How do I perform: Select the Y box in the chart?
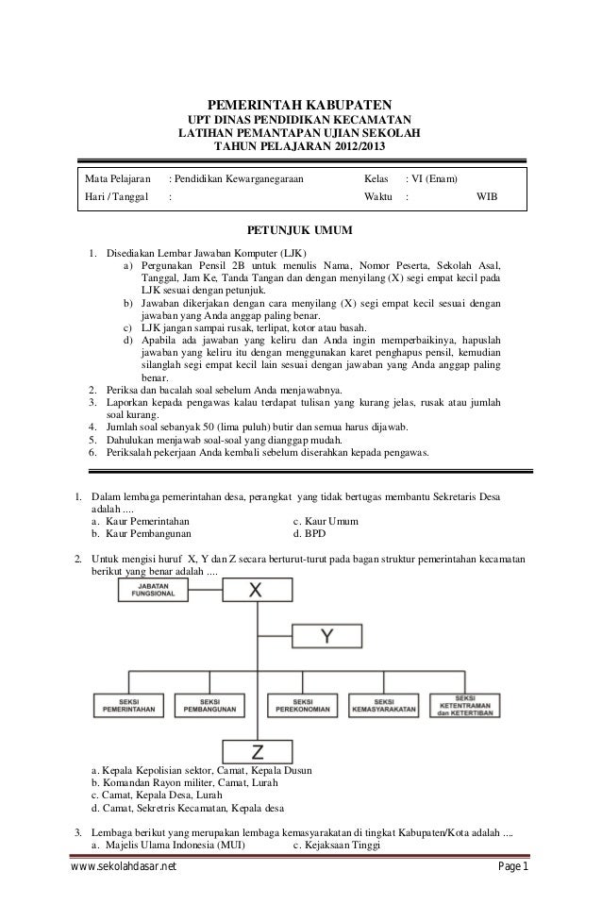tap(326, 637)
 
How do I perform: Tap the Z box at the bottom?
tap(256, 751)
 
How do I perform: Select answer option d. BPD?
tap(309, 533)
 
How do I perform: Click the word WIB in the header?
tap(487, 196)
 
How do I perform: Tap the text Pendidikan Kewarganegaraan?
tap(238, 178)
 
